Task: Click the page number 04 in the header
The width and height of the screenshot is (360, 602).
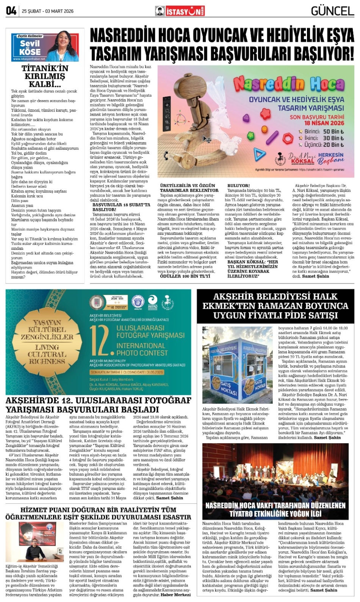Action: point(11,11)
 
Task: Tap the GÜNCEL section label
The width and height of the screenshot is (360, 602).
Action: point(332,11)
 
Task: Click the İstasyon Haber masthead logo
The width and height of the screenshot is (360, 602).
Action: point(180,11)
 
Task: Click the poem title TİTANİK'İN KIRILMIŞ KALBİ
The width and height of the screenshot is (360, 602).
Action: point(45,76)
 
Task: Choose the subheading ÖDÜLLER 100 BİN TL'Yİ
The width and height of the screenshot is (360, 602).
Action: point(185,276)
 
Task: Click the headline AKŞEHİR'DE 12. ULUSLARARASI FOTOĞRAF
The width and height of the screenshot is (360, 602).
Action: point(99,400)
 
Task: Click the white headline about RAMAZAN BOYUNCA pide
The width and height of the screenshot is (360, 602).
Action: point(275,306)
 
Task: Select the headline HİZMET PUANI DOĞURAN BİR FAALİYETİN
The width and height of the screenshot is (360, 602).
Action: point(98,510)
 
